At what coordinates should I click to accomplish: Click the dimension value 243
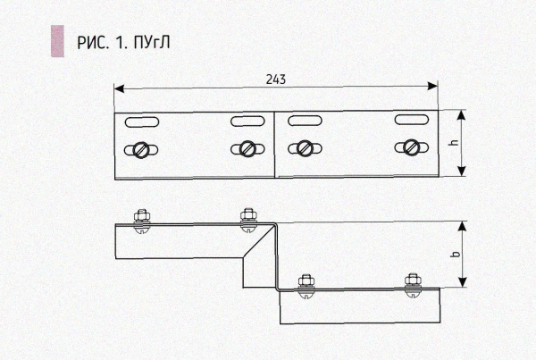point(275,79)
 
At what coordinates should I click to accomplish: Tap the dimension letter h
point(454,143)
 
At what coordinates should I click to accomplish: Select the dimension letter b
point(455,255)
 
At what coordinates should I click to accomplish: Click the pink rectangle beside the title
point(57,41)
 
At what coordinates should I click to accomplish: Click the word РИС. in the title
point(93,42)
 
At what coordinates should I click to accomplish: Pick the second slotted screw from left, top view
point(243,149)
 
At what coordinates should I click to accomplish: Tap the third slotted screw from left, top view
point(306,147)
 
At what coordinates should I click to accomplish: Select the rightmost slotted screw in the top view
point(409,147)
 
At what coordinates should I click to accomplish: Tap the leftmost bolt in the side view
point(140,218)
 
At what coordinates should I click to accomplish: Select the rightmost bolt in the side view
point(411,283)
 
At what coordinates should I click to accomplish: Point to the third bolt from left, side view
point(306,283)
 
